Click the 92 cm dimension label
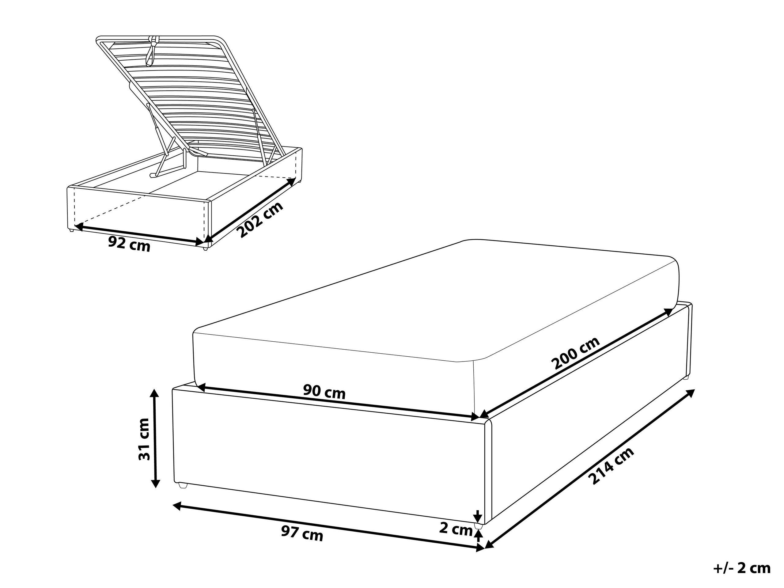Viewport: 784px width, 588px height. [x=129, y=244]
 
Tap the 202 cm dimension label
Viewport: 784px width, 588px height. [x=261, y=219]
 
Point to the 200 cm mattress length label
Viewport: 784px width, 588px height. [x=576, y=353]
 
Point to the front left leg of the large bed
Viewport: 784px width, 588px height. [x=183, y=485]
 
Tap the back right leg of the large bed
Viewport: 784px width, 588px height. [x=685, y=377]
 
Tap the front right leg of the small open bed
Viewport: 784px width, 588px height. [x=205, y=248]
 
